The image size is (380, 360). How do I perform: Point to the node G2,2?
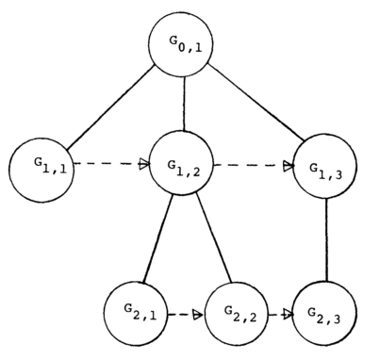coord(230,311)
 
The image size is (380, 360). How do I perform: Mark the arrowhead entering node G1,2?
coord(144,165)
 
